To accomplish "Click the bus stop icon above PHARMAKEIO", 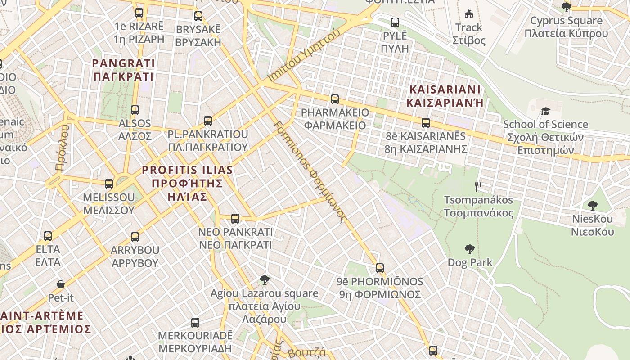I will tap(334, 99).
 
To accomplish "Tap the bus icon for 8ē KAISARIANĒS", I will tap(425, 122).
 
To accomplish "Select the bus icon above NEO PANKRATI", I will tap(235, 219).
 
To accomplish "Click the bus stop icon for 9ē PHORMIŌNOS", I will tap(379, 268).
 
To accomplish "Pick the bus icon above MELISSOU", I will tap(108, 184).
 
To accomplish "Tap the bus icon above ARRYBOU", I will tap(135, 237).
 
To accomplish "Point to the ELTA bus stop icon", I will tap(47, 236).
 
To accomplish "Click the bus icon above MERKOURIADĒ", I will tap(195, 322).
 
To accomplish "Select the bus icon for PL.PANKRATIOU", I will tap(207, 121).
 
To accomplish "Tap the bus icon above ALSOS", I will tap(135, 110).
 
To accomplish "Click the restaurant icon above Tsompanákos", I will tap(478, 186).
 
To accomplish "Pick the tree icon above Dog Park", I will tap(469, 249).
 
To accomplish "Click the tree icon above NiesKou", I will tap(592, 206).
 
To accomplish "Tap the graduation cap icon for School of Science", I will tap(545, 111).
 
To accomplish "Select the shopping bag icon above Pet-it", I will tap(61, 284).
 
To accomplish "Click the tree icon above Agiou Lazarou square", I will tap(265, 280).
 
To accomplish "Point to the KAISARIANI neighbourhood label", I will tap(445, 96).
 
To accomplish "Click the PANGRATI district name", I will tap(123, 70).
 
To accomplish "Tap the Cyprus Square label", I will tap(566, 27).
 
